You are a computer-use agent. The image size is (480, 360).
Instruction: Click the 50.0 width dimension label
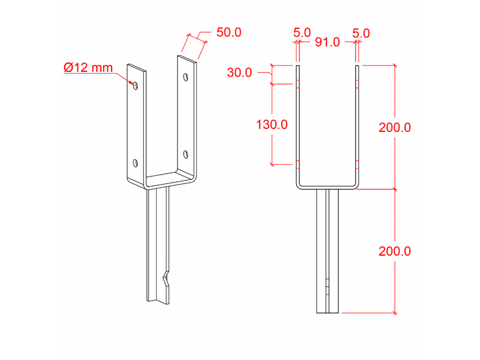229,32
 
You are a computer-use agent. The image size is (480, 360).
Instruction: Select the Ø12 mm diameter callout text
88,68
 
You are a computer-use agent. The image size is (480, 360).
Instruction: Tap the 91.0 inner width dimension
328,42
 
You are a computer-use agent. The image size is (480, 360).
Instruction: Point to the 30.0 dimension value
239,73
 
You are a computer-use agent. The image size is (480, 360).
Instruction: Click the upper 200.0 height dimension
394,127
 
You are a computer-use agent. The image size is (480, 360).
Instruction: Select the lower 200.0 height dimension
394,251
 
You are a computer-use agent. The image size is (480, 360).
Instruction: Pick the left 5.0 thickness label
302,32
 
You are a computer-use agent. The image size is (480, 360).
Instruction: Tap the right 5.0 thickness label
361,32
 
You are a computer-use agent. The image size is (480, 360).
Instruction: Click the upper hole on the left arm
136,85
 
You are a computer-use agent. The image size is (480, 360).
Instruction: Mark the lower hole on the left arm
136,163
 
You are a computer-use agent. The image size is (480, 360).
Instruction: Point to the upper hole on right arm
186,77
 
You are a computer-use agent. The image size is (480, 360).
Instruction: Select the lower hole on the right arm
186,154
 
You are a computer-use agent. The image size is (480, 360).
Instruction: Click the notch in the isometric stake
164,279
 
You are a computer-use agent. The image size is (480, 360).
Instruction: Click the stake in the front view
328,252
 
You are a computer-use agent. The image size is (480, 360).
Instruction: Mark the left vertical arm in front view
298,126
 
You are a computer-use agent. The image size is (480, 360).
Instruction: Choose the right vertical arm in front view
358,126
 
